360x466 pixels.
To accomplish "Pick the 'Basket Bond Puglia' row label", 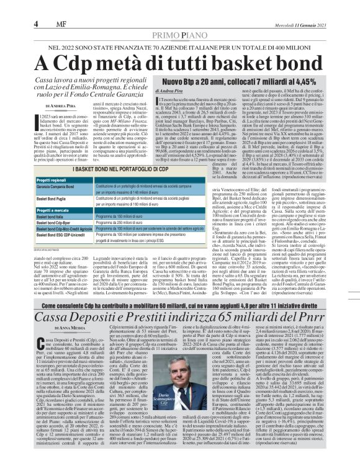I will (x=55, y=199).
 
